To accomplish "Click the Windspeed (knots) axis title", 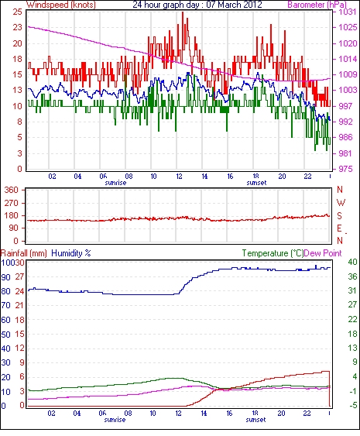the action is point(61,5).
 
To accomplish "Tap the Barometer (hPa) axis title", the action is point(317,5).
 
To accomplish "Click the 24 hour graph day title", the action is point(197,5).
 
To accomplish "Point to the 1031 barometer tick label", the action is point(348,12).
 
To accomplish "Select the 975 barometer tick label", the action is point(345,169).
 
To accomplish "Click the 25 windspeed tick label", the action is point(17,12).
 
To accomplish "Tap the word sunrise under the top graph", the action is point(115,183).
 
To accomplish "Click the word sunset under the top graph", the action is point(256,183).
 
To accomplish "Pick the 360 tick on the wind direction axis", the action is point(12,191).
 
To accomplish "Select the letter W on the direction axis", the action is point(341,203).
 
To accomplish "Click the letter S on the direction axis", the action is point(339,215).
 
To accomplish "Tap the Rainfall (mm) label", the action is point(24,253).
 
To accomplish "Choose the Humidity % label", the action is point(71,253).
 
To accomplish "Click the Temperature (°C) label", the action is point(273,253).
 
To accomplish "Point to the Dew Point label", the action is point(323,253).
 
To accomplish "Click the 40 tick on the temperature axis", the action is point(352,262).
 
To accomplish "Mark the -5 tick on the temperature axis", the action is point(352,406).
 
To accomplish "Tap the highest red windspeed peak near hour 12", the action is point(183,12).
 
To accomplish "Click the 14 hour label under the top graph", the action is point(204,177).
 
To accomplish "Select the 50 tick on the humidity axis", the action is point(6,335).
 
